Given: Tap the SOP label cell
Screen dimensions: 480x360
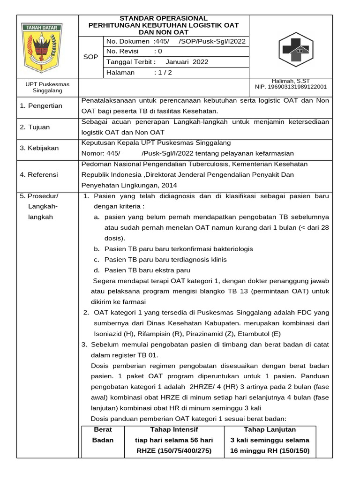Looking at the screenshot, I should [90, 57].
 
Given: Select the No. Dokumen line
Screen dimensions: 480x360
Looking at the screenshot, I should [176, 41].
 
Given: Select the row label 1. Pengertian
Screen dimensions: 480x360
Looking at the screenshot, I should [41, 106].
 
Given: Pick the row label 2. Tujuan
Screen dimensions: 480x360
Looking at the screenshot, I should [35, 127].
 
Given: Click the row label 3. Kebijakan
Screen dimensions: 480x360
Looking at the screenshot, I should [39, 148].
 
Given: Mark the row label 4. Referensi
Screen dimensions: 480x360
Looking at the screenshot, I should [39, 175].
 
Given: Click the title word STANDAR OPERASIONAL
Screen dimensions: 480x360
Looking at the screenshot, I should [164, 18].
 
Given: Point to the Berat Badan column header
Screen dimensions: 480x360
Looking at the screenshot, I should [103, 435].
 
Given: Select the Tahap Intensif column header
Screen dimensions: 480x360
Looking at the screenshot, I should [174, 429].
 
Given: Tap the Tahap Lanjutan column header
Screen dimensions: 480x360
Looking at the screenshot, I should [270, 429].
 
